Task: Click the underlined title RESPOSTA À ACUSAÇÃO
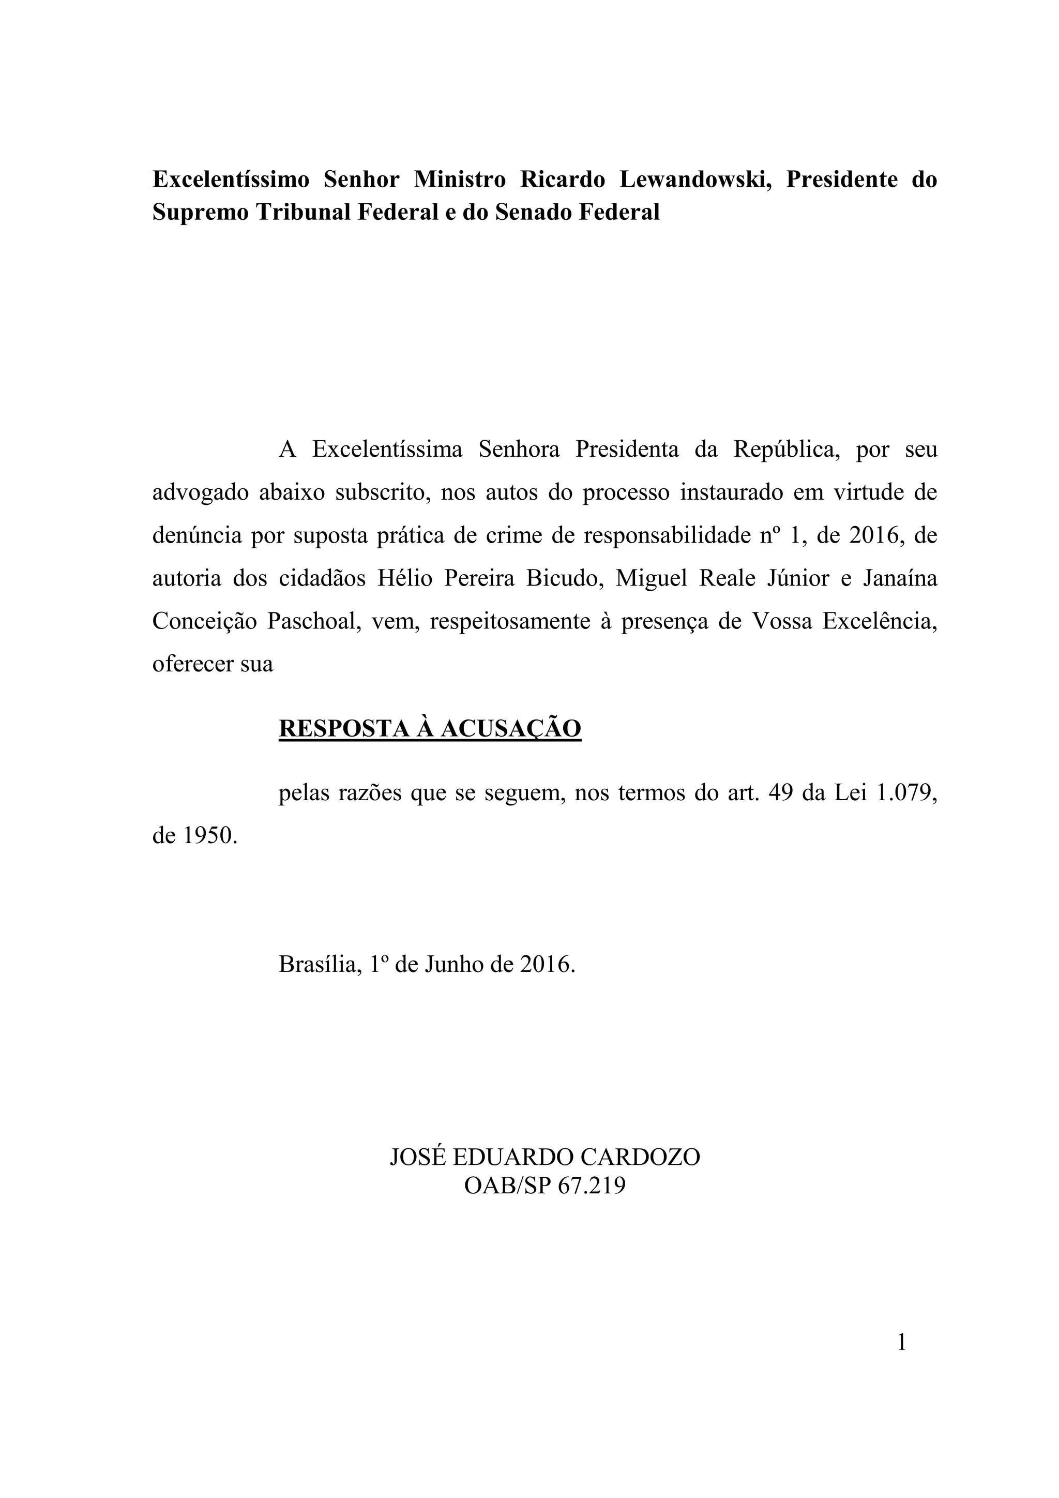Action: click(430, 728)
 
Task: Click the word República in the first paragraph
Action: click(786, 450)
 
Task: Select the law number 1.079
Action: click(903, 793)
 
